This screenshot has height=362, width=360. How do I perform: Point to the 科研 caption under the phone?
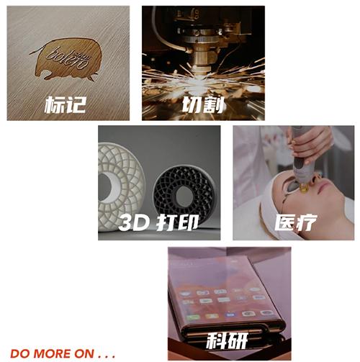click(228, 340)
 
